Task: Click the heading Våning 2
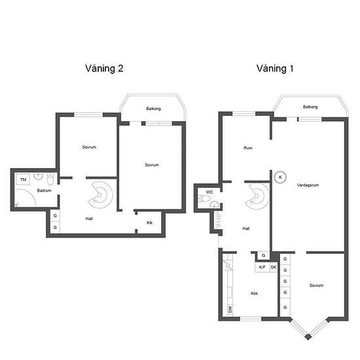(104, 69)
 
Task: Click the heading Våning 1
(275, 69)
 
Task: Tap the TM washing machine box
(23, 179)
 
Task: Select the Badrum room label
(44, 190)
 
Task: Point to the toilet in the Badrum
(50, 179)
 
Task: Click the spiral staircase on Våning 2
(101, 194)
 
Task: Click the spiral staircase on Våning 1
(258, 196)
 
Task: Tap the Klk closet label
(150, 223)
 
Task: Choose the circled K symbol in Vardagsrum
(280, 177)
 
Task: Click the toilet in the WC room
(204, 198)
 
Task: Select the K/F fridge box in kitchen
(262, 267)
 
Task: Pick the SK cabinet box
(274, 267)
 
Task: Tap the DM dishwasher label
(230, 309)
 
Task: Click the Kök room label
(254, 293)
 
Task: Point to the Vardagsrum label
(308, 185)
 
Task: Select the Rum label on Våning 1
(248, 148)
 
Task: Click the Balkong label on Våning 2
(154, 109)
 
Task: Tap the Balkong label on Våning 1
(310, 107)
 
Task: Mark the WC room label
(209, 192)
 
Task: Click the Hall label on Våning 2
(89, 219)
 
